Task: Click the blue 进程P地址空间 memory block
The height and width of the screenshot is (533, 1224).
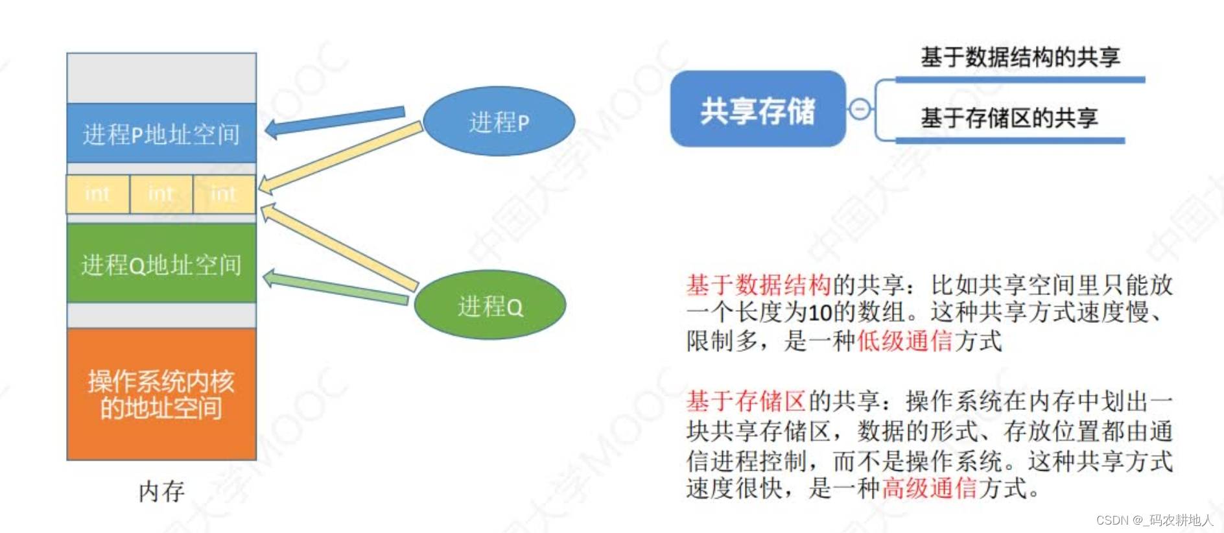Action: click(161, 134)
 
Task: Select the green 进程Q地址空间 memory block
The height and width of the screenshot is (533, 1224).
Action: click(161, 264)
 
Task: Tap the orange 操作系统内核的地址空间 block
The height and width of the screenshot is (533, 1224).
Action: click(161, 394)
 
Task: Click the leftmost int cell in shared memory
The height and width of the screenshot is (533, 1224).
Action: click(98, 194)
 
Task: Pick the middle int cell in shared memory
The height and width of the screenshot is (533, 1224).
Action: click(161, 194)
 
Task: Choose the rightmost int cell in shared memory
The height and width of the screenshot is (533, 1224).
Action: click(224, 194)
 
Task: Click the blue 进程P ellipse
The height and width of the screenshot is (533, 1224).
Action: click(499, 122)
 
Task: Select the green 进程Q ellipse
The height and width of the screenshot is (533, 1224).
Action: click(489, 305)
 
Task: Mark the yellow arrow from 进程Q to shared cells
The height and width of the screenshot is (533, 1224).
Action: click(340, 247)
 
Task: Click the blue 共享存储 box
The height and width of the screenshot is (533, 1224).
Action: click(757, 110)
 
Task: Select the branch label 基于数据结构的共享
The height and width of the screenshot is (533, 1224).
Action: click(1020, 57)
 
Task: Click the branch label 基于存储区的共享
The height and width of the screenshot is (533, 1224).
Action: click(1009, 117)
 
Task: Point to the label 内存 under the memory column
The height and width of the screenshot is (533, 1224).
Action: click(161, 492)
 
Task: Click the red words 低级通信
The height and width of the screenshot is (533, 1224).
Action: click(905, 340)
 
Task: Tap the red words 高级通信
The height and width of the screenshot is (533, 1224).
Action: click(929, 488)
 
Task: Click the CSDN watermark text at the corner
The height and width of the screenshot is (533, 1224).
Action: click(1154, 520)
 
